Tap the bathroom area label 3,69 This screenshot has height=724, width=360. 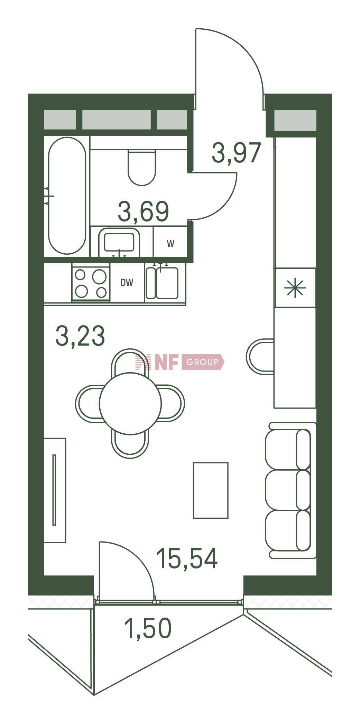[x=143, y=211]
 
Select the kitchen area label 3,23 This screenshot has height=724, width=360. [x=80, y=336]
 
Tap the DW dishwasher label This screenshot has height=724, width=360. [x=127, y=283]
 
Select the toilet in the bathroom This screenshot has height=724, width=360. [x=141, y=167]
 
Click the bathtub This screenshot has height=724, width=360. [x=67, y=196]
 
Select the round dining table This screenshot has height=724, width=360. [x=130, y=403]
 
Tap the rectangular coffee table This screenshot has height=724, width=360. [x=211, y=490]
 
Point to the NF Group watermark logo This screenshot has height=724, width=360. [x=180, y=362]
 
